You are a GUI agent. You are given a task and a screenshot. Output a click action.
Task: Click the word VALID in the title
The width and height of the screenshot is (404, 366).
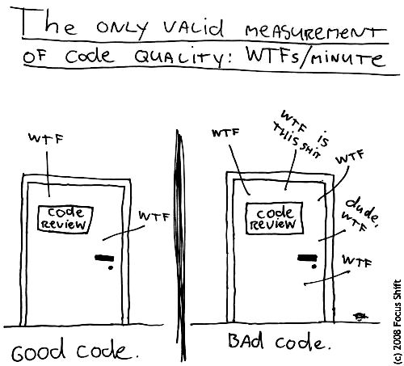tap(193, 28)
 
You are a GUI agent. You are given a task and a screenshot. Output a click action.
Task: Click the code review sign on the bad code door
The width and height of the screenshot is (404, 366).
tap(274, 218)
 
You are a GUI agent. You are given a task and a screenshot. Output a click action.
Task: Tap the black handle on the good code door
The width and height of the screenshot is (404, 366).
tap(104, 258)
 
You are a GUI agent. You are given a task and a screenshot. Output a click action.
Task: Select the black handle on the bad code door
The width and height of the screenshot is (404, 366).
tap(307, 258)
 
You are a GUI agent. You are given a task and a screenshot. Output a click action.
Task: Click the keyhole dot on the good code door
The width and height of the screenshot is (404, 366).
tap(111, 267)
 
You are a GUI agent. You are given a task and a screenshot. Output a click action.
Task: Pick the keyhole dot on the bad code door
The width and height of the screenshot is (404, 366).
tap(314, 267)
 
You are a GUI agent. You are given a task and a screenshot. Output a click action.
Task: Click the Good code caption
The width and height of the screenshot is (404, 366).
tap(75, 350)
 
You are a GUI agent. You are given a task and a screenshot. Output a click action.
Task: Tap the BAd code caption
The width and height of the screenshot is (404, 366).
tap(280, 342)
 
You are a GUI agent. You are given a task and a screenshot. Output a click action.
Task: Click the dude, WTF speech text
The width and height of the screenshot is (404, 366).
tap(360, 215)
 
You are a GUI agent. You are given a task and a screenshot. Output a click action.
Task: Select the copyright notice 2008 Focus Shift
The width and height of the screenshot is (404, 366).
tap(397, 322)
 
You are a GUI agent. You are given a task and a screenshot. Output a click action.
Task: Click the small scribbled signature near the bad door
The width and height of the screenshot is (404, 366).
tap(360, 316)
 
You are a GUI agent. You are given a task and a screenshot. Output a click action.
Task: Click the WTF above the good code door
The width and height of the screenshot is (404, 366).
tap(46, 138)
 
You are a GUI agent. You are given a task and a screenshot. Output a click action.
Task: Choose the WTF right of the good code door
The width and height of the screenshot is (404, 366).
tap(154, 216)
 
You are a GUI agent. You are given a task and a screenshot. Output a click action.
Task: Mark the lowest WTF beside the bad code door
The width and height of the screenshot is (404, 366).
tap(357, 261)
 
